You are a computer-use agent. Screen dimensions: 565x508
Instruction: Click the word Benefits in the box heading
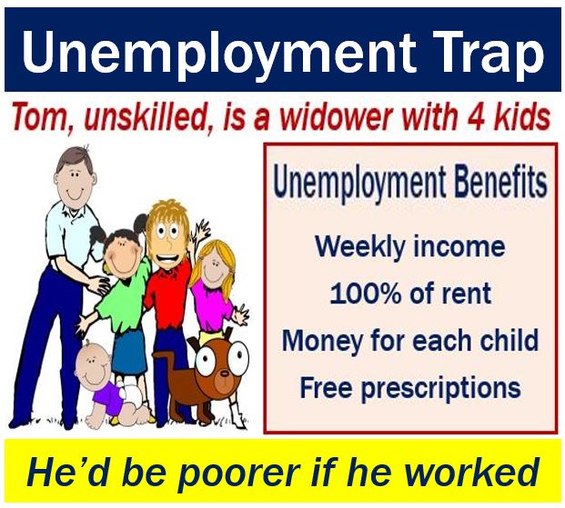pyautogui.click(x=500, y=183)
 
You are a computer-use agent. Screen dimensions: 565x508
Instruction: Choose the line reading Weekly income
pyautogui.click(x=410, y=246)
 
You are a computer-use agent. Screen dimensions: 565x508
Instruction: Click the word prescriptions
pyautogui.click(x=440, y=389)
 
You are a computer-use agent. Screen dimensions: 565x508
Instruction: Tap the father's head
pyautogui.click(x=75, y=175)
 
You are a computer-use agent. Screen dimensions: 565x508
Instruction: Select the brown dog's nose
pyautogui.click(x=225, y=374)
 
